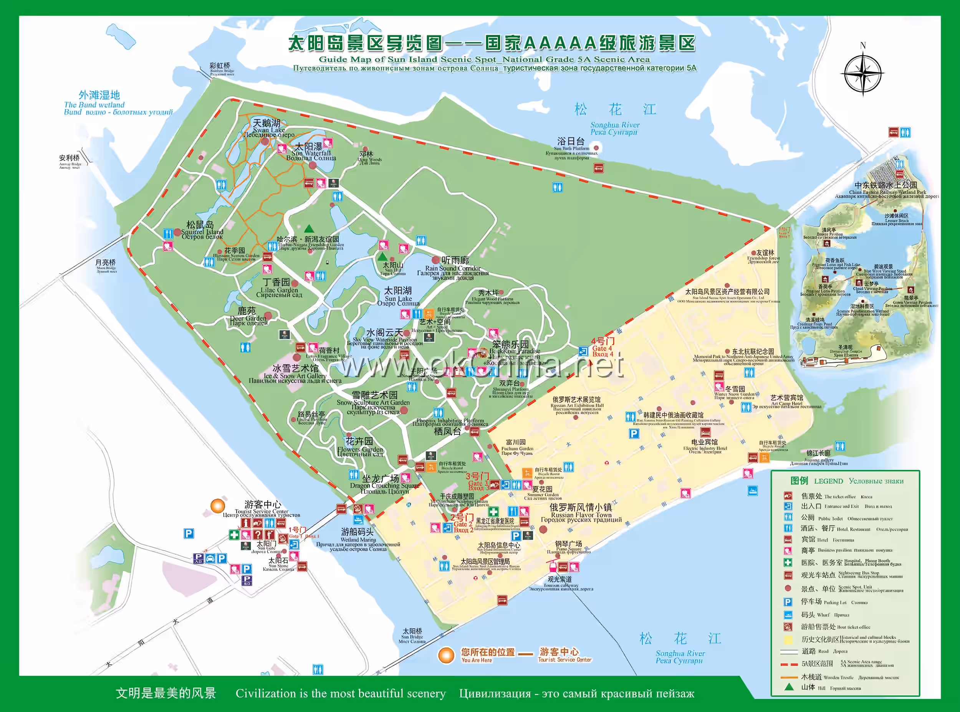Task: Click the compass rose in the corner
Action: pyautogui.click(x=862, y=73)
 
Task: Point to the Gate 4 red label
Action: pyautogui.click(x=602, y=347)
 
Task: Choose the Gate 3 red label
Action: pyautogui.click(x=477, y=481)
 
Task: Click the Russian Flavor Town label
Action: pyautogui.click(x=581, y=512)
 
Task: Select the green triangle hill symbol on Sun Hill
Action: pyautogui.click(x=382, y=256)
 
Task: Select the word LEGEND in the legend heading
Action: pyautogui.click(x=828, y=481)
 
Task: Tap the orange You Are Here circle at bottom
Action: pyautogui.click(x=446, y=655)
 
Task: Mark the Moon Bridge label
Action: pyautogui.click(x=106, y=264)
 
